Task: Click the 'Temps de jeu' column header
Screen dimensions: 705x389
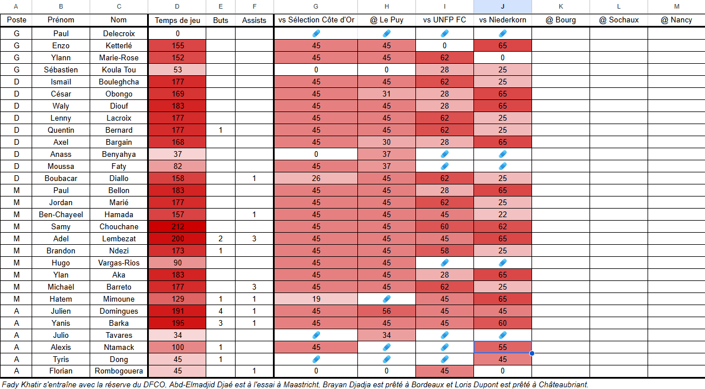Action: pyautogui.click(x=177, y=20)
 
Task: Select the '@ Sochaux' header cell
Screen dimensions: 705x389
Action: pyautogui.click(x=619, y=20)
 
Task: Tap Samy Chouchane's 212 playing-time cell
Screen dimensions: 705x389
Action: pyautogui.click(x=177, y=226)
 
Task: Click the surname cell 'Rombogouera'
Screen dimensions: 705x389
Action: pyautogui.click(x=119, y=371)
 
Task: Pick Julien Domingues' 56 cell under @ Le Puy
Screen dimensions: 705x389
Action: pyautogui.click(x=387, y=311)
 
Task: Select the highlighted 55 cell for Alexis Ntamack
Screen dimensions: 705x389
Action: pyautogui.click(x=503, y=347)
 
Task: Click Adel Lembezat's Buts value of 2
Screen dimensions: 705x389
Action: pyautogui.click(x=221, y=238)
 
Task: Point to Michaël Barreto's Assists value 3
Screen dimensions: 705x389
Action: pyautogui.click(x=255, y=287)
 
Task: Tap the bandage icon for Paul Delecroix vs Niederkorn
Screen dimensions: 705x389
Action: pyautogui.click(x=503, y=33)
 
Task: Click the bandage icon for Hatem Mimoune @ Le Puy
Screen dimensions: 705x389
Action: pyautogui.click(x=387, y=298)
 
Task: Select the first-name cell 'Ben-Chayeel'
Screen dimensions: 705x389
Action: pyautogui.click(x=61, y=215)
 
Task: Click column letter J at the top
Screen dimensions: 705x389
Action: pyautogui.click(x=503, y=6)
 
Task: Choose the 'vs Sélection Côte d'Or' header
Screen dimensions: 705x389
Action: pyautogui.click(x=316, y=20)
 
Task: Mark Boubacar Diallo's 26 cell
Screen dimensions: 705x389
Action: pyautogui.click(x=316, y=179)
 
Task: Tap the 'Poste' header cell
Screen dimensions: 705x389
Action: pyautogui.click(x=16, y=20)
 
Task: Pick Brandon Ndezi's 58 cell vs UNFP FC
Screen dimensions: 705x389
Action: pyautogui.click(x=444, y=251)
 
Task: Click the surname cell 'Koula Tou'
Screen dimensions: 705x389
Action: pyautogui.click(x=119, y=70)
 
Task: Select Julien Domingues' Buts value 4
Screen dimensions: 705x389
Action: pyautogui.click(x=221, y=311)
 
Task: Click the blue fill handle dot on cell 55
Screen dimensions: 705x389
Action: pyautogui.click(x=532, y=353)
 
